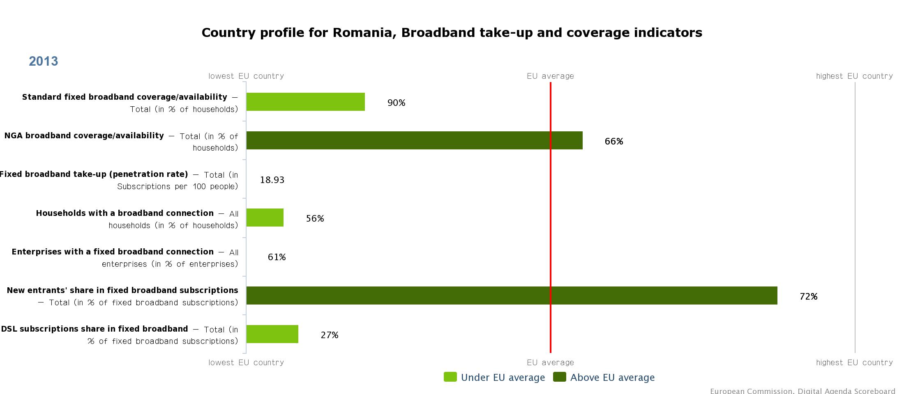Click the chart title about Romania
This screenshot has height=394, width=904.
coord(452,32)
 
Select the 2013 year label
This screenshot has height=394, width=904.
coord(44,61)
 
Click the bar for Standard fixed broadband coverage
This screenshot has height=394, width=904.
coord(306,102)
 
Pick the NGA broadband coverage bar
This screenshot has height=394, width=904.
coord(415,140)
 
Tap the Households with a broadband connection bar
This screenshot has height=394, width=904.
coord(265,218)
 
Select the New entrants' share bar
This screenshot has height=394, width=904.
coord(512,295)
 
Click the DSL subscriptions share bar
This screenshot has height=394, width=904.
coord(272,334)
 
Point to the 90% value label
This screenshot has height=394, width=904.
coord(397,103)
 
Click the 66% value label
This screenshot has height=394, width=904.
coord(614,141)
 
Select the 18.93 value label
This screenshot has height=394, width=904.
coord(272,180)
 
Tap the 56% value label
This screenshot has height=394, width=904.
coord(315,218)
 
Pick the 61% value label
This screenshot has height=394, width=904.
coord(277,257)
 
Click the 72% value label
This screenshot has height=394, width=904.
coord(809,296)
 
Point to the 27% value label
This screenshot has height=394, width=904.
coord(330,335)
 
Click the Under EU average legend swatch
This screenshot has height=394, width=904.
coord(450,377)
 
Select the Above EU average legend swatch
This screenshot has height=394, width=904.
coord(560,377)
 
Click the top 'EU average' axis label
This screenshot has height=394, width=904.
coord(550,76)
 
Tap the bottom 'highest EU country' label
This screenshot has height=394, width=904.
coord(854,362)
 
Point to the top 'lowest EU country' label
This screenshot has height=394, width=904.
coord(246,76)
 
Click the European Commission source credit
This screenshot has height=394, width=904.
coord(803,391)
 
